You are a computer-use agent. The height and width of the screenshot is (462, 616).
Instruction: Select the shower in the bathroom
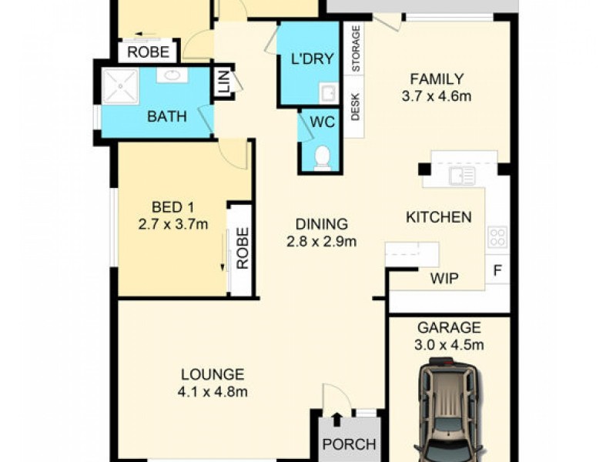tap(120, 86)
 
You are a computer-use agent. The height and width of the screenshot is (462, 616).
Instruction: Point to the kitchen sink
tap(462, 176)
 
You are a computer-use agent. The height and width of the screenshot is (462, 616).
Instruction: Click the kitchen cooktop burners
tap(497, 237)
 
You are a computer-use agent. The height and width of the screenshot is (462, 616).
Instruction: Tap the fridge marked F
tap(497, 271)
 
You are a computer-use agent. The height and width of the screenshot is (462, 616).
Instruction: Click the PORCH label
tap(349, 444)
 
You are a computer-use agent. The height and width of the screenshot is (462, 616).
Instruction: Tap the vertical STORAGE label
tap(355, 49)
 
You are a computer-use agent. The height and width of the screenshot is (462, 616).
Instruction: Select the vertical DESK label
tap(355, 107)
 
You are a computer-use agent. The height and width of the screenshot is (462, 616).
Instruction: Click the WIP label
tap(444, 278)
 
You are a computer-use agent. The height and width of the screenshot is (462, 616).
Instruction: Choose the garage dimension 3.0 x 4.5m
tap(449, 344)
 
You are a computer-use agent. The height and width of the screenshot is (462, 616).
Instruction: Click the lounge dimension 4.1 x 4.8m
tap(213, 391)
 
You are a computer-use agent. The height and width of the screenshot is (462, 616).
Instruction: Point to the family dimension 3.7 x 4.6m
tap(437, 96)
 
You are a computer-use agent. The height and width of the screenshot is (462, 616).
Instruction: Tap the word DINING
tap(322, 224)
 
